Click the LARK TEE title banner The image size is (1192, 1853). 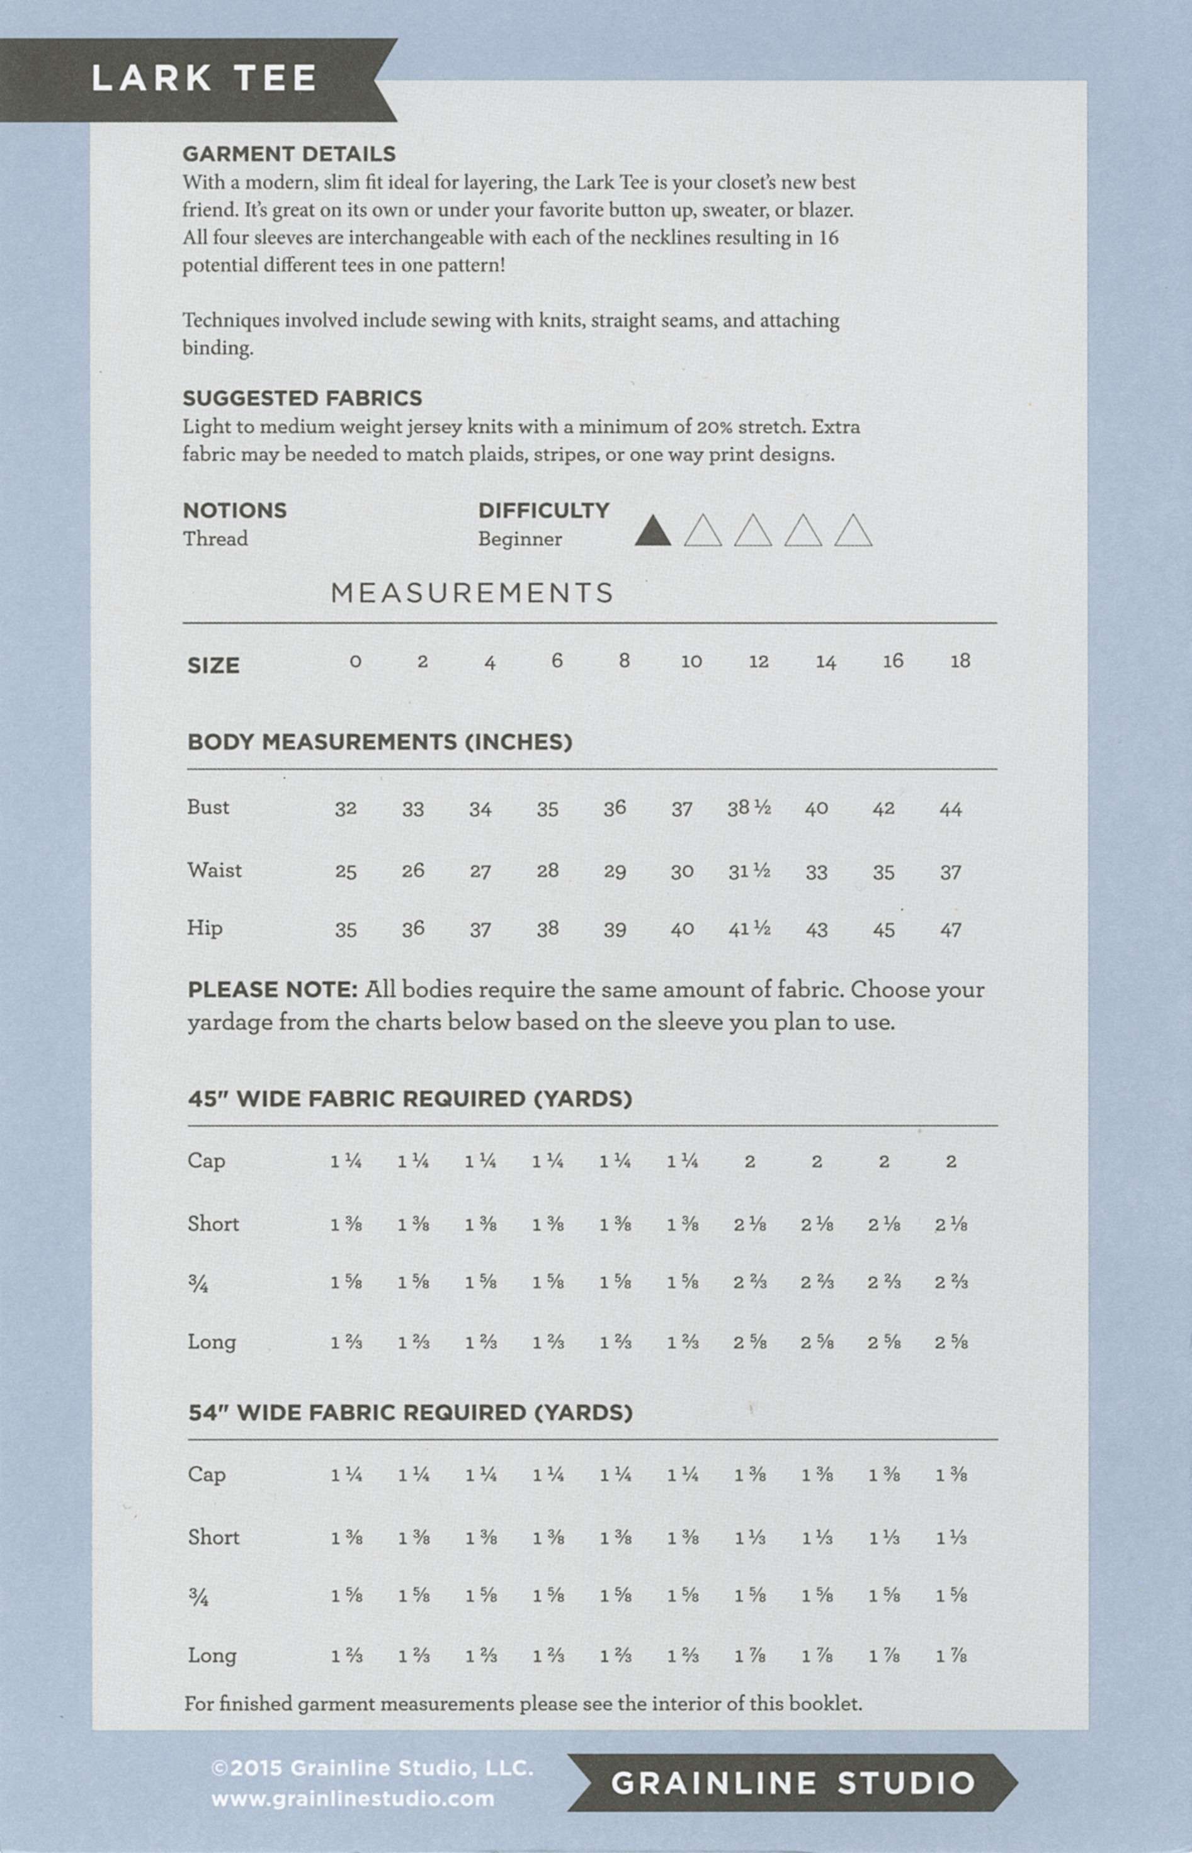click(203, 79)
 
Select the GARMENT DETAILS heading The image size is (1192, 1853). click(288, 154)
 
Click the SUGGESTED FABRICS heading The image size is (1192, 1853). click(302, 398)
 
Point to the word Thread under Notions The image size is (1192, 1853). click(215, 539)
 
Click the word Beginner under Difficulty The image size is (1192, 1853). click(519, 539)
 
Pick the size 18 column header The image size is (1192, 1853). click(960, 662)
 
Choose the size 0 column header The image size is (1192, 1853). click(355, 662)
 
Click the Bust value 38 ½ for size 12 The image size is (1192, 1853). click(749, 808)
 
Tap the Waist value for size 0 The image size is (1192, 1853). click(345, 872)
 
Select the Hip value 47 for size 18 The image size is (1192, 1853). click(950, 930)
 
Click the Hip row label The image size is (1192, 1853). click(205, 928)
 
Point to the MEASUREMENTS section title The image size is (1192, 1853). click(472, 594)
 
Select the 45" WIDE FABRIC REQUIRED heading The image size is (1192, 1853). click(409, 1100)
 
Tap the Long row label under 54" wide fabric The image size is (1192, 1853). click(212, 1656)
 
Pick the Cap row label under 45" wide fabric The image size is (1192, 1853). click(206, 1161)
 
